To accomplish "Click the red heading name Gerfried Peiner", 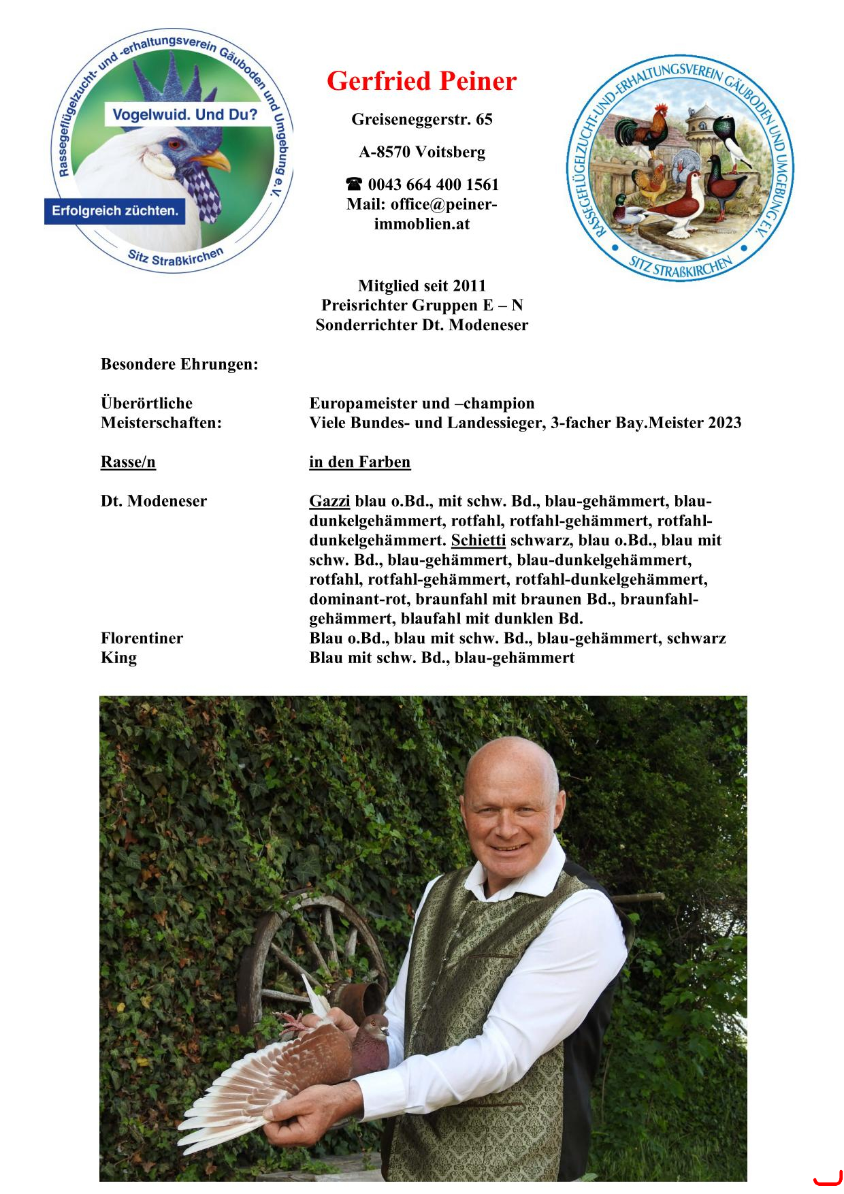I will point(421,81).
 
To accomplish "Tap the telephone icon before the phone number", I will point(353,184).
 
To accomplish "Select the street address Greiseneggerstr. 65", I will point(421,120).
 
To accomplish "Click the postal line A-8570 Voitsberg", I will point(421,152).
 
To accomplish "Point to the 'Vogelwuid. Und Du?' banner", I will point(181,114).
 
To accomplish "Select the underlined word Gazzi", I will point(329,502).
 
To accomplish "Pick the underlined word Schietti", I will point(478,540).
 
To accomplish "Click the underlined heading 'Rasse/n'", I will point(128,462).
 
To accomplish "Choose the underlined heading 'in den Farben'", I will point(359,462).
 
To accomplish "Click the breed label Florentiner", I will point(142,639).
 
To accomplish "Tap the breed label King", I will point(118,658).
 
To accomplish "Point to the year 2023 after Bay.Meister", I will point(724,423).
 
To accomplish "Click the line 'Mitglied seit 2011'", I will point(421,286).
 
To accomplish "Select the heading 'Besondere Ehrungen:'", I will point(179,364).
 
